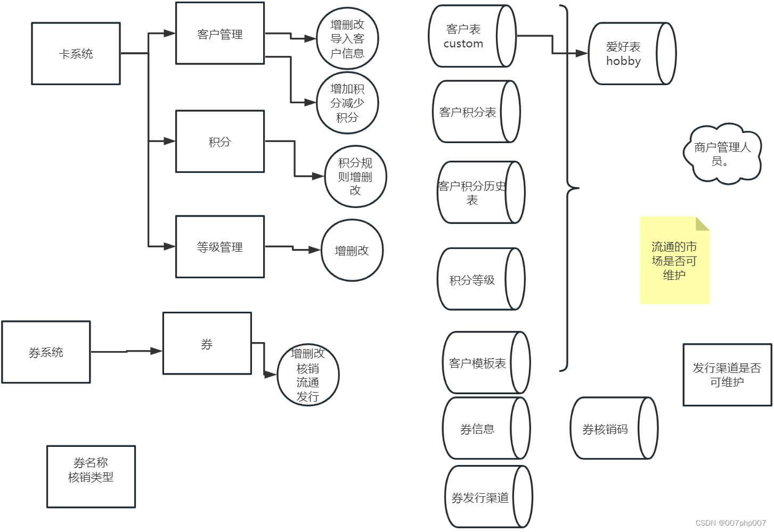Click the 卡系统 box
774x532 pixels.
click(x=76, y=54)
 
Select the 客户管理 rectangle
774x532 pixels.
click(x=220, y=34)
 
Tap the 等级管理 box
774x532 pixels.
click(x=220, y=247)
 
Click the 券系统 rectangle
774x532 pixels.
click(x=46, y=352)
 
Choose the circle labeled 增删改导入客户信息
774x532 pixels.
click(x=347, y=39)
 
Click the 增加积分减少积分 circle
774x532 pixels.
click(x=347, y=103)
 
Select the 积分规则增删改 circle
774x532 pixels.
click(x=355, y=177)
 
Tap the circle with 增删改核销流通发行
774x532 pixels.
click(x=308, y=375)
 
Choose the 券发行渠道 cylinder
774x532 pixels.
click(x=480, y=497)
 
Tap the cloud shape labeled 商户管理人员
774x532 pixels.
click(x=722, y=154)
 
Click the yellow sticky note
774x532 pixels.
click(x=674, y=261)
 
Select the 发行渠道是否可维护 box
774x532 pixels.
click(x=727, y=375)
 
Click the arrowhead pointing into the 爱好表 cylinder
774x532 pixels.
click(x=582, y=53)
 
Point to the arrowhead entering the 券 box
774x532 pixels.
click(x=157, y=351)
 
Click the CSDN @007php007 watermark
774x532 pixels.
click(x=730, y=523)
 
